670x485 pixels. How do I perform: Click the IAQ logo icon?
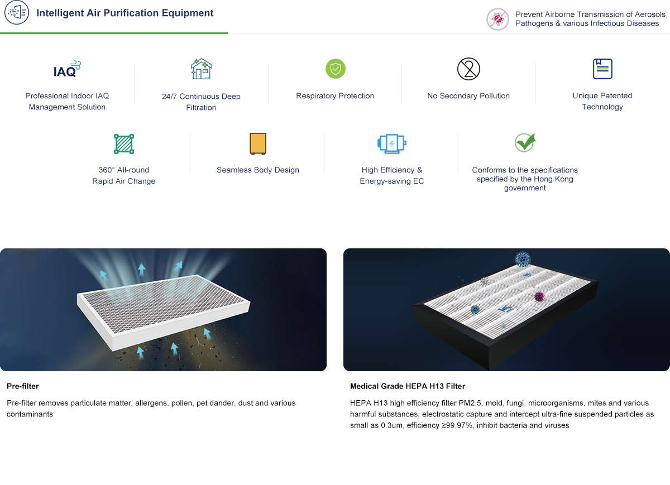[67, 69]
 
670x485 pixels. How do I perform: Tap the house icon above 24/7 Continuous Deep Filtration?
[202, 69]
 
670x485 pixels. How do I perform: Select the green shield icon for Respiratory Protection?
[336, 69]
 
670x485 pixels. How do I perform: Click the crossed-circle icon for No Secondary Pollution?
[468, 69]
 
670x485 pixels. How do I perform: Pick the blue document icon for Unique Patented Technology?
[602, 69]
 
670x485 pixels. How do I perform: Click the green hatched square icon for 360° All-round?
[124, 144]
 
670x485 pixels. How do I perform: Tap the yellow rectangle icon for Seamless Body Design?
[258, 144]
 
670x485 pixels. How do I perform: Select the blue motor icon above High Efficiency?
[392, 144]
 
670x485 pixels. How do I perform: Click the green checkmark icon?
[525, 142]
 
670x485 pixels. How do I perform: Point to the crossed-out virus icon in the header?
[497, 19]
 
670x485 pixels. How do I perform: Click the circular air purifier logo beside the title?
[17, 13]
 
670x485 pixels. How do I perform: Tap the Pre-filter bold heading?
[23, 386]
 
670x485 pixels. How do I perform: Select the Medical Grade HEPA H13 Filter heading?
[408, 386]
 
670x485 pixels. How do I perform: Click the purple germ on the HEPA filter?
[539, 296]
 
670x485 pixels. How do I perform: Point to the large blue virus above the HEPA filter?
[523, 259]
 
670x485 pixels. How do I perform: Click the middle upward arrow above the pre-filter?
[141, 270]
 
